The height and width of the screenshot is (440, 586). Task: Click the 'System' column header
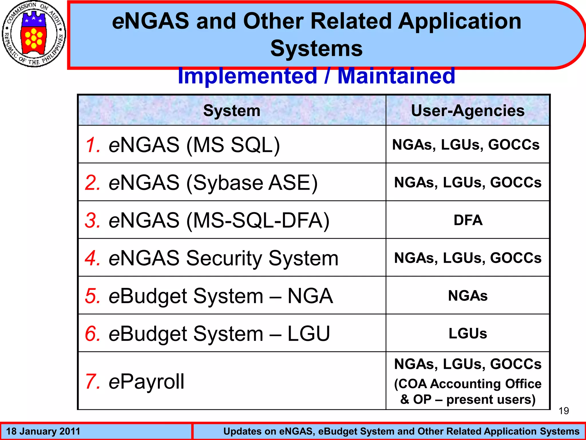click(232, 111)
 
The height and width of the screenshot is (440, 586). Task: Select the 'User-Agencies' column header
click(468, 111)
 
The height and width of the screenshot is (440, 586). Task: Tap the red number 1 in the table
click(92, 145)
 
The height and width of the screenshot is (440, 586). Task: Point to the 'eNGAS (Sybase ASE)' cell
click(213, 183)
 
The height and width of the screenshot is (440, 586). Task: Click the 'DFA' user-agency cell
click(468, 220)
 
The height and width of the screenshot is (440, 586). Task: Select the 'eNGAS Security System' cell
click(223, 258)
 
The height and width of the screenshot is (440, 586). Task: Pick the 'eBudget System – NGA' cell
click(221, 296)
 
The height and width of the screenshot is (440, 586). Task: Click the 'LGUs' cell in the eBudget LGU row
click(468, 333)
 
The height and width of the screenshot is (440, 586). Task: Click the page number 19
click(564, 411)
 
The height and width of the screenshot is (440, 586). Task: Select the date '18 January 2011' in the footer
click(43, 431)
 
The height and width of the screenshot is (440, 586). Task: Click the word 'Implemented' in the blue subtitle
click(247, 76)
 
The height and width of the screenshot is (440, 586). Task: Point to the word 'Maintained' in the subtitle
click(396, 76)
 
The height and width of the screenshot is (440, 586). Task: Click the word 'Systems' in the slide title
click(316, 48)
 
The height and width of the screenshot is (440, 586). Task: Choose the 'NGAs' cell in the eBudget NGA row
click(468, 296)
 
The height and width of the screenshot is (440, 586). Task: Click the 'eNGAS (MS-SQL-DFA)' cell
click(219, 220)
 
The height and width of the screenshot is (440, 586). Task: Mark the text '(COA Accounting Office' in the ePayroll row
click(468, 384)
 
